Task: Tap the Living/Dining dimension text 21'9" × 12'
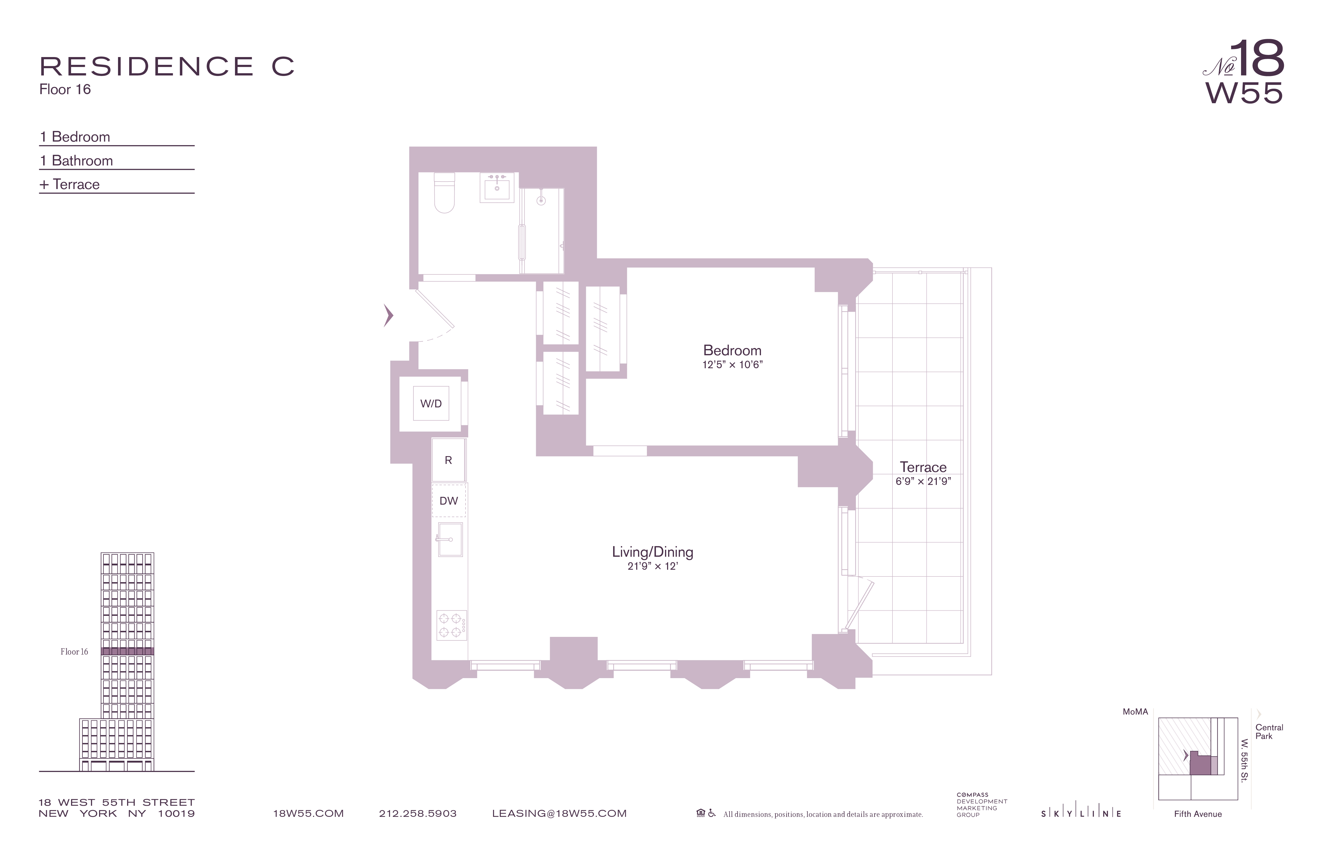click(653, 566)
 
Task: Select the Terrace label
click(923, 467)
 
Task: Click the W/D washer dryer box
click(431, 403)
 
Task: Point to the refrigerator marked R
click(449, 460)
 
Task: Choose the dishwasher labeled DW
click(449, 501)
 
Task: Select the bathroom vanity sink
click(497, 188)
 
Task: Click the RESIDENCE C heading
click(167, 67)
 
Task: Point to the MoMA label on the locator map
click(1135, 712)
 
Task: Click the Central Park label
click(1269, 732)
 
